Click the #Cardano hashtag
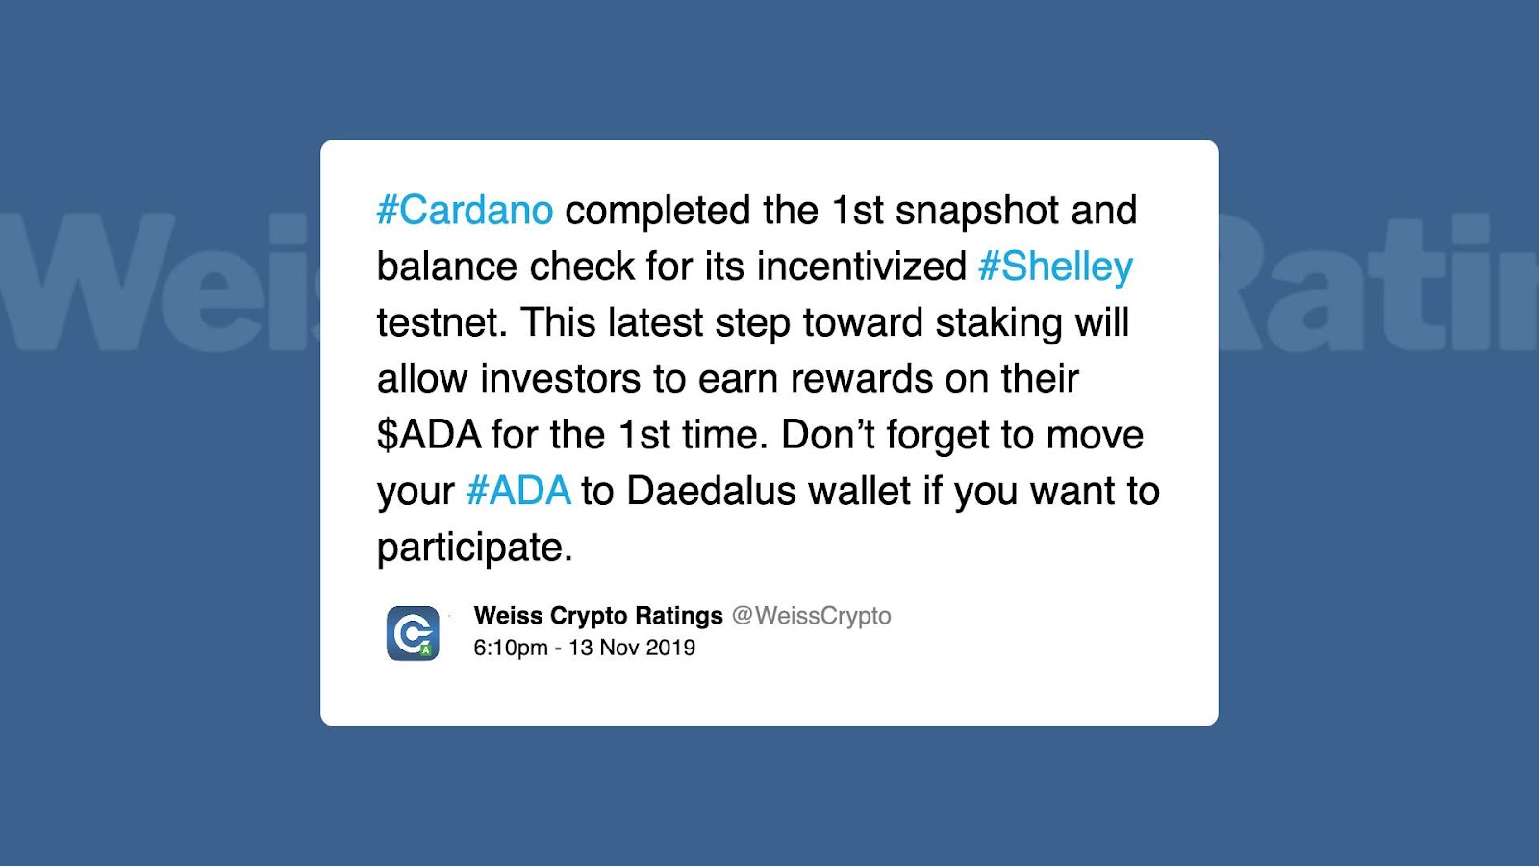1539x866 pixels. pos(466,210)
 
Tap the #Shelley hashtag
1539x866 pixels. pos(1055,267)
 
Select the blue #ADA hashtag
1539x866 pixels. pos(518,491)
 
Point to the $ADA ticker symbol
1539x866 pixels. pos(429,434)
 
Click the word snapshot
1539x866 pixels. pos(977,211)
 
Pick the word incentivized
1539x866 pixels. pos(862,266)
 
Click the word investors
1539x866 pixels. pos(560,379)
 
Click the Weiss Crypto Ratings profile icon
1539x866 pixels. pos(413,633)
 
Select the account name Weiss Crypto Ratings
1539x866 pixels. pos(598,616)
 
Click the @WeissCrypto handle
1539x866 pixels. pos(812,616)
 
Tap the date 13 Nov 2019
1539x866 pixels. pos(632,649)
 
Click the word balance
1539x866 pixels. pos(447,266)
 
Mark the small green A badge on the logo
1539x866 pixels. pos(426,649)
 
